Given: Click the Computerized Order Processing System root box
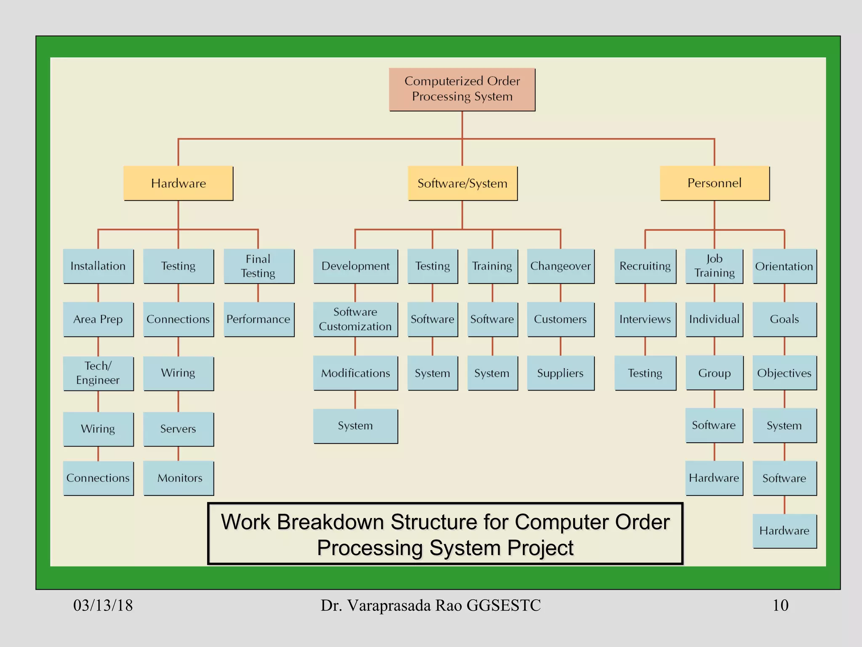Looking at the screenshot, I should (x=462, y=89).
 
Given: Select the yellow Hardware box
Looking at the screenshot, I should (x=178, y=183).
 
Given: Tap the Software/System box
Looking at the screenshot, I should (x=462, y=183).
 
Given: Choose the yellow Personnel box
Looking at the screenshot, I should (x=714, y=183).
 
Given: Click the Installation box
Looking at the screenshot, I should (x=98, y=266).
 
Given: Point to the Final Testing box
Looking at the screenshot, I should (x=258, y=266).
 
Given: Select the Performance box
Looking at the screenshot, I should (x=258, y=319).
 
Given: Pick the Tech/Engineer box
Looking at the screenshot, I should (x=98, y=373).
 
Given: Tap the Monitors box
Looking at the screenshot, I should (x=178, y=478).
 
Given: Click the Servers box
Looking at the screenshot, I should (x=178, y=429).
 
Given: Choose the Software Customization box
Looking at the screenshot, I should (x=355, y=319).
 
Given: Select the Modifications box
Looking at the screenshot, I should (x=355, y=373).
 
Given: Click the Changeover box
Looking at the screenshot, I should (x=560, y=266).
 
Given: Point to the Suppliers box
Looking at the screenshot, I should (x=560, y=373).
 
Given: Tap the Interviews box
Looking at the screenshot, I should (x=645, y=319).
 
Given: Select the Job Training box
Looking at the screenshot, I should (x=714, y=266).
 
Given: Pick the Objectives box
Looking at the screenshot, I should (x=784, y=373).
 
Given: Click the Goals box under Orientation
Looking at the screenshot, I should (x=784, y=319).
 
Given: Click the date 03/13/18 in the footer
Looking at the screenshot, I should (x=103, y=605).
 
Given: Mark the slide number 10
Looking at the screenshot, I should (x=780, y=605).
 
